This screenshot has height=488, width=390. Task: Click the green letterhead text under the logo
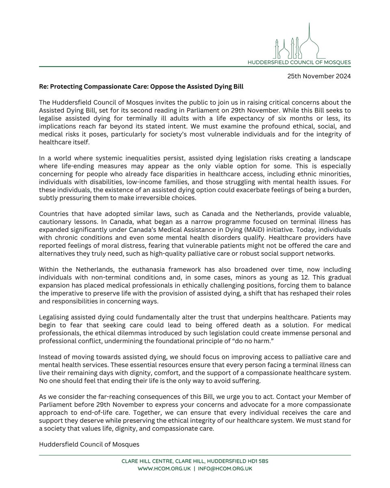pyautogui.click(x=299, y=62)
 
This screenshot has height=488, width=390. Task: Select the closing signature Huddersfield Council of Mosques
pyautogui.click(x=89, y=444)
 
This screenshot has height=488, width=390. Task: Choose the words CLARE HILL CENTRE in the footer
pyautogui.click(x=148, y=461)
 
